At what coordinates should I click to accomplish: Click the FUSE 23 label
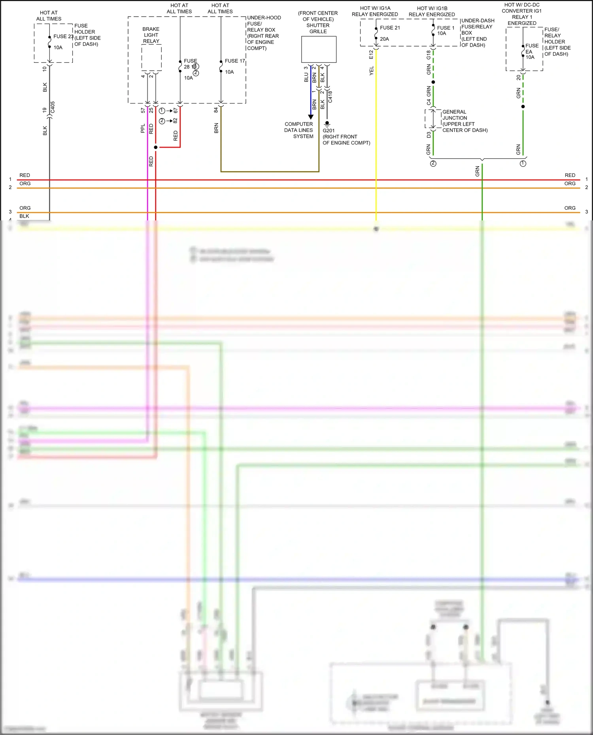tap(63, 36)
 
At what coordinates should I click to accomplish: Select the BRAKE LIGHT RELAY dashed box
tap(151, 58)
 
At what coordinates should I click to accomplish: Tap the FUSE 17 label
tap(235, 61)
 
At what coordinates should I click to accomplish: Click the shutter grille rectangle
tap(319, 49)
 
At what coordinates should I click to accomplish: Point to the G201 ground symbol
tap(327, 124)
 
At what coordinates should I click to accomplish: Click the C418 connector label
tap(330, 97)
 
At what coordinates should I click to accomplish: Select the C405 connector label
tap(53, 108)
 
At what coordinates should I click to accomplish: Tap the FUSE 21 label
tap(390, 28)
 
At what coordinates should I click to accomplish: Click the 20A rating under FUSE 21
tap(384, 39)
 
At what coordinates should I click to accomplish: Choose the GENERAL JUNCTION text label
tap(455, 115)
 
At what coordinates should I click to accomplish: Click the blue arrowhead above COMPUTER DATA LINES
tap(311, 117)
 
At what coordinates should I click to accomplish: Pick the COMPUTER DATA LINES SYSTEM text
tap(299, 130)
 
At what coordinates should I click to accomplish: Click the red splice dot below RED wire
tap(156, 147)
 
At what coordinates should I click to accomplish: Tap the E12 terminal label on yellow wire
tap(371, 55)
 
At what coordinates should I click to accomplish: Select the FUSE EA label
tap(532, 49)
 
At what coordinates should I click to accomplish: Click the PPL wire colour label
tap(143, 128)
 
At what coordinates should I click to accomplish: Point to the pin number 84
tap(216, 110)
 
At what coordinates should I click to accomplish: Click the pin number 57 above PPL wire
tap(143, 111)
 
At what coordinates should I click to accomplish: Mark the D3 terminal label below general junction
tap(429, 135)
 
